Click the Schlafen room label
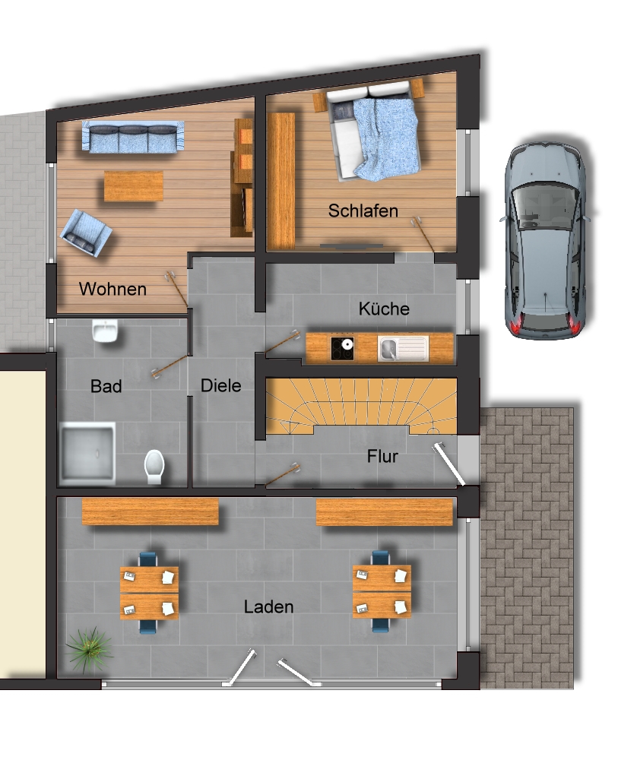pos(363,211)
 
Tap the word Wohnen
pos(113,289)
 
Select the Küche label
pos(384,309)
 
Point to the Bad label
pos(106,386)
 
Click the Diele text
pos(221,386)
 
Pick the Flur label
pos(382,456)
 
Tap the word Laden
pos(268,606)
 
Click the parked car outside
pos(546,240)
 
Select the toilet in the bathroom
pos(154,467)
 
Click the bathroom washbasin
pos(105,331)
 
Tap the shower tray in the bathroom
pos(87,454)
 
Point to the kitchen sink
pos(404,349)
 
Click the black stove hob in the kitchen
pos(343,349)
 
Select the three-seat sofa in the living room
pos(133,137)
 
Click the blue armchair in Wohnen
pos(86,233)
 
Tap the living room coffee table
pos(134,186)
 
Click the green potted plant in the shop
pos(89,650)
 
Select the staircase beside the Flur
pos(362,406)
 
